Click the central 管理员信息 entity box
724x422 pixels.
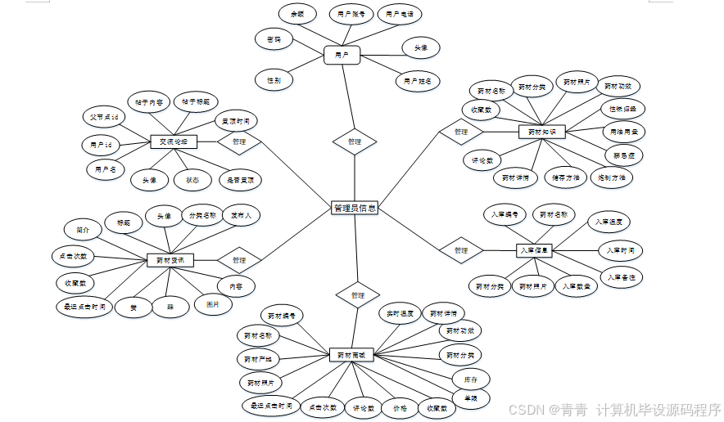(x=355, y=209)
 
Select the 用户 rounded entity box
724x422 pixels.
(x=342, y=56)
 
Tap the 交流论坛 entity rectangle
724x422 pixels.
(x=174, y=141)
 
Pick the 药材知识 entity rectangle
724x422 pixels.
(x=542, y=132)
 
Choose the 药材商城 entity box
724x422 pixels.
(x=352, y=355)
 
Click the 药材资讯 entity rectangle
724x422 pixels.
(x=170, y=260)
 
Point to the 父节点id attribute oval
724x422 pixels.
(x=105, y=117)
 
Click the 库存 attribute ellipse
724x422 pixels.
(x=471, y=379)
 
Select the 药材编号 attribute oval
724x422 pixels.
(x=282, y=315)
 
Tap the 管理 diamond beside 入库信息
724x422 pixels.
(x=460, y=249)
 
